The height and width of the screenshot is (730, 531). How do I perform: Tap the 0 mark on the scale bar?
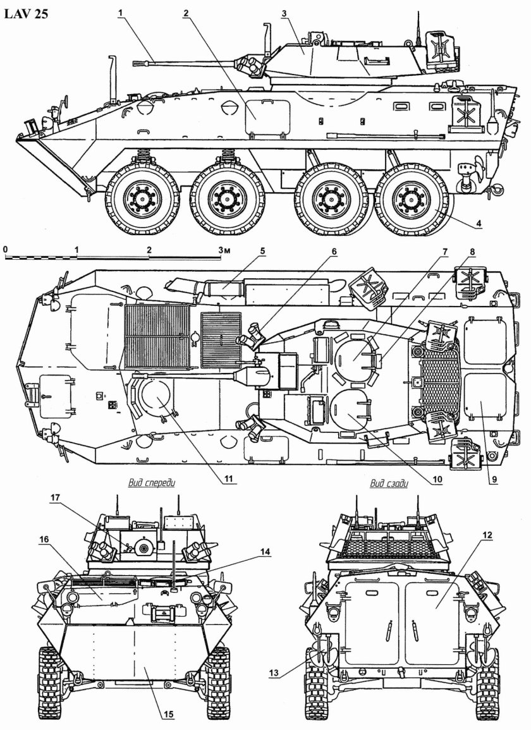[5, 250]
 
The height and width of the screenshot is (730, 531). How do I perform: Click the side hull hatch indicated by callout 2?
[257, 118]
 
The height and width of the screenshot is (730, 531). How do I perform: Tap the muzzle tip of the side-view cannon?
[135, 63]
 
